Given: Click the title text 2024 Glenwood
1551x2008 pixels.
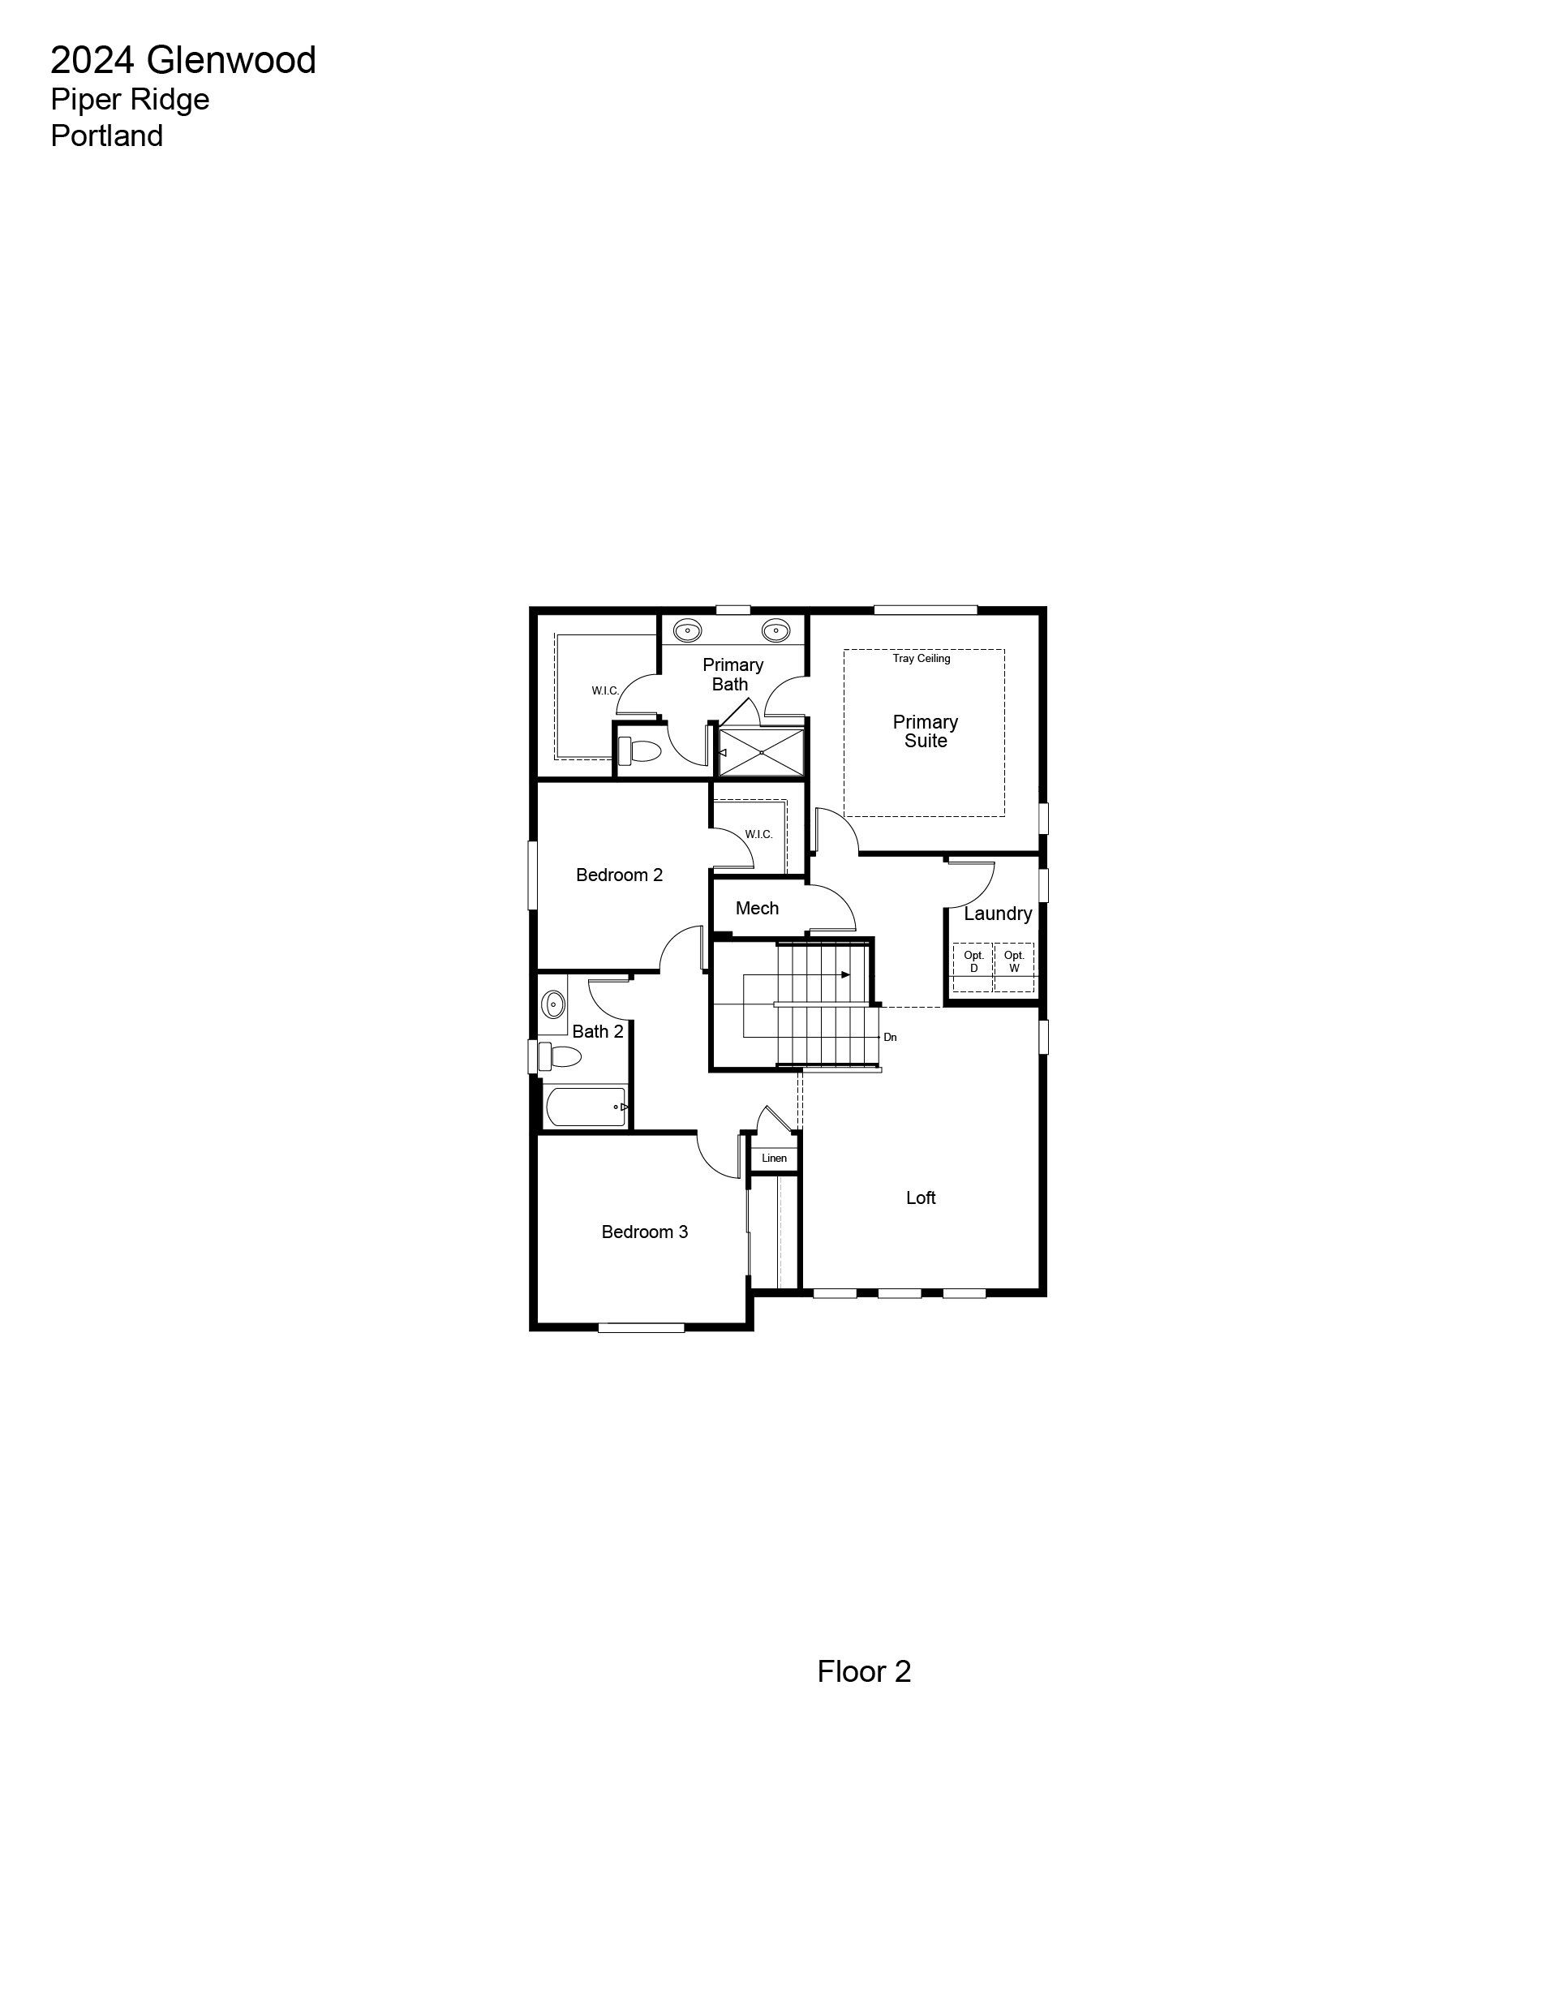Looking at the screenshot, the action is tap(183, 61).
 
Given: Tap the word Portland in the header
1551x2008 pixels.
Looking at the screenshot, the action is tap(106, 136).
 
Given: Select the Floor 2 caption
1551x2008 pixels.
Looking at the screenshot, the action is tap(863, 1671).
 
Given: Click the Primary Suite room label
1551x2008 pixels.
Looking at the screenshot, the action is tap(925, 731).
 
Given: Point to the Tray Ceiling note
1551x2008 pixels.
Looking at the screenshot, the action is tap(922, 658).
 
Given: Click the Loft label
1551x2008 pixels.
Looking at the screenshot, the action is tap(921, 1197).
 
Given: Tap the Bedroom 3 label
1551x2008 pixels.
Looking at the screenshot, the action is tap(644, 1231).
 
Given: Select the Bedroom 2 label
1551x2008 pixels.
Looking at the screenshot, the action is tap(619, 875).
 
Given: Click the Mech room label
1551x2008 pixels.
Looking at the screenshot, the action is tap(757, 909).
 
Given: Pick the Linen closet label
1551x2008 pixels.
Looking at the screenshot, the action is tap(774, 1158).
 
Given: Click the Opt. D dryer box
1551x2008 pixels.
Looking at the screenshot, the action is tap(973, 968).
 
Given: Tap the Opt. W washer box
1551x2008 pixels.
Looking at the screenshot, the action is tap(1014, 968).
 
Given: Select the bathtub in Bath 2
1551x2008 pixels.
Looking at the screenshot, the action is tap(586, 1107).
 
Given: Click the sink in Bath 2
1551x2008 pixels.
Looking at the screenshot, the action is tap(553, 1003).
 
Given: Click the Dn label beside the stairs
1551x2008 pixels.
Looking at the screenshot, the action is tap(890, 1037).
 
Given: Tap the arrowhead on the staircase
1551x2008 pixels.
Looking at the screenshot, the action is tap(845, 974).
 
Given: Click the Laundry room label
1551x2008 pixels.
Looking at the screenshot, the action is tap(998, 914).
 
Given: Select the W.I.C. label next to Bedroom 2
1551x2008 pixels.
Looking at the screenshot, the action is tap(758, 835).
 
